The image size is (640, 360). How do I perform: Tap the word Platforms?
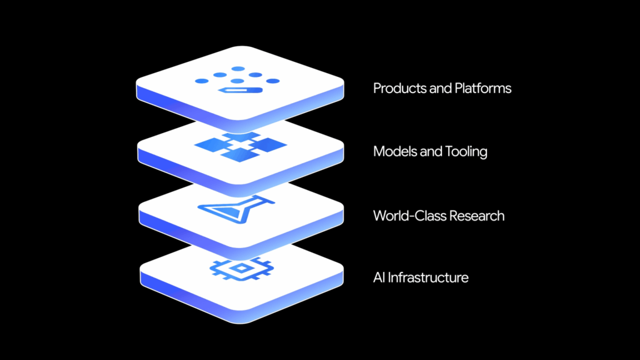tap(481, 88)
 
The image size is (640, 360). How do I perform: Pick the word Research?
tap(476, 216)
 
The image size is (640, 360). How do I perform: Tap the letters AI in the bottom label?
tap(379, 277)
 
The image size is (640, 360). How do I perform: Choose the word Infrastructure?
tap(429, 277)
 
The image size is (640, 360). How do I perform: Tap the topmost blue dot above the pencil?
tap(238, 69)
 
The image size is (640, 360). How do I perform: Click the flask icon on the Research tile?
tap(237, 210)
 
